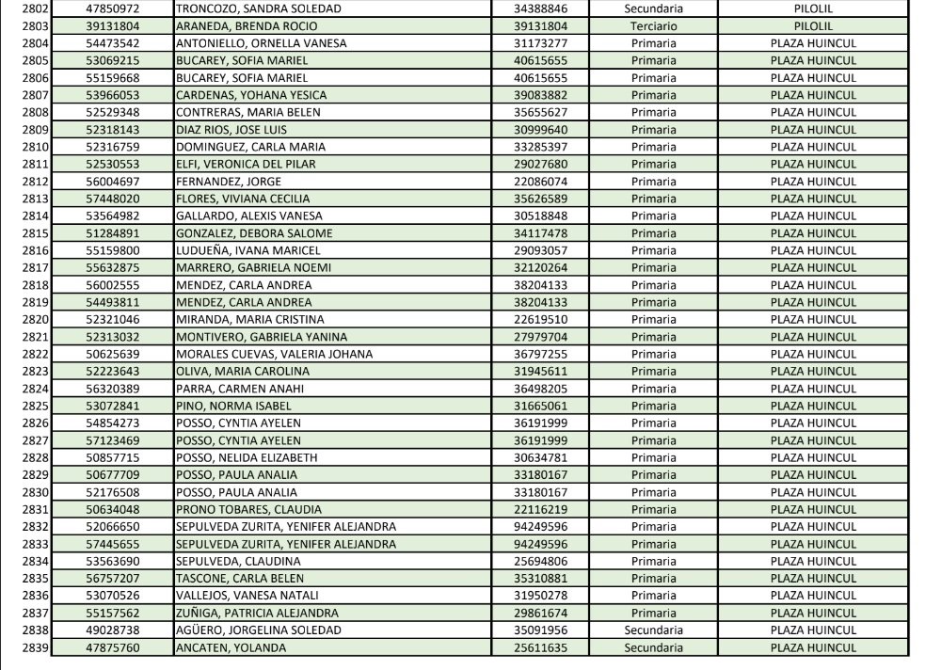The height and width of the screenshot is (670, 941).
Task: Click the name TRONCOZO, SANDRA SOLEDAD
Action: click(246, 8)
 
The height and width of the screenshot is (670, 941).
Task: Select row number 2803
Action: click(35, 26)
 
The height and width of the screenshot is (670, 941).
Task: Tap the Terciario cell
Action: click(653, 26)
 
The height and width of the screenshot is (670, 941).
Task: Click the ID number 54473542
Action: click(112, 43)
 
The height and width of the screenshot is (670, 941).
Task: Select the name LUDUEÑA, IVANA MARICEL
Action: click(248, 251)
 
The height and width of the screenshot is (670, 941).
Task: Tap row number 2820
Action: click(35, 320)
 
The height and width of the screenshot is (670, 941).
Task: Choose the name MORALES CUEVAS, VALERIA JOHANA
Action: click(275, 355)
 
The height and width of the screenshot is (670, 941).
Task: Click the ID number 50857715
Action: click(112, 458)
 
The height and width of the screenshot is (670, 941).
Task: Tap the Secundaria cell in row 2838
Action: click(653, 630)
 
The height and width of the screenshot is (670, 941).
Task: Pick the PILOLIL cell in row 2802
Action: click(813, 8)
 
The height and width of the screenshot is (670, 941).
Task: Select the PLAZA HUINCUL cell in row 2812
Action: click(813, 182)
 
